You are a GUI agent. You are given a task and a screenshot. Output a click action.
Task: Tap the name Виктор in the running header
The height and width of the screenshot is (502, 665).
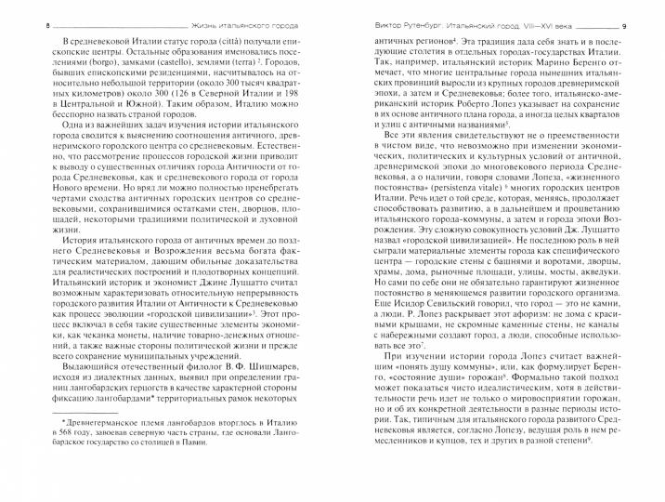[x=372, y=12]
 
